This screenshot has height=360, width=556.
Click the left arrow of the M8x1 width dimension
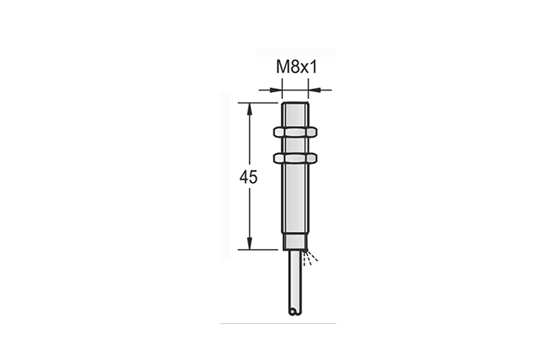(275, 90)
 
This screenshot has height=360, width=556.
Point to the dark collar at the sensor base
(294, 246)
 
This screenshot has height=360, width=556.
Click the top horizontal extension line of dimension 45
(258, 102)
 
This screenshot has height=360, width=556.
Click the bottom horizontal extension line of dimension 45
(258, 250)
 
